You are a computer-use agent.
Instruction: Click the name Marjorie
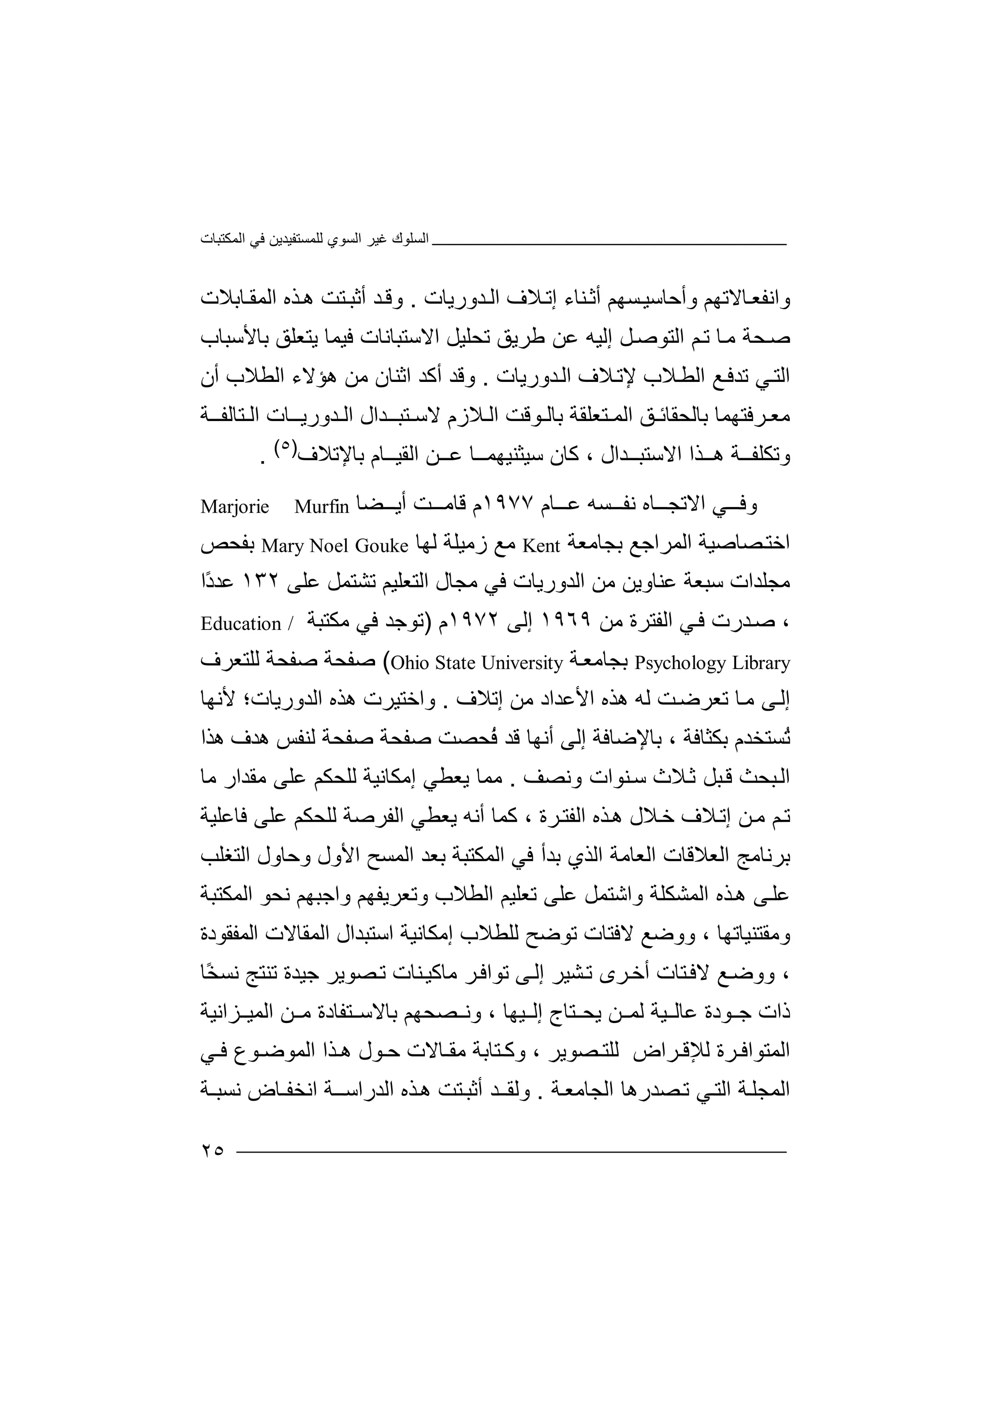click(x=235, y=507)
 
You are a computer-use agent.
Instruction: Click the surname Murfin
click(x=321, y=507)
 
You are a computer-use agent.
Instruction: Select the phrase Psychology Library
click(x=713, y=663)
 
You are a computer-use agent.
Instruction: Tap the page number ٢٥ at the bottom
click(x=212, y=1151)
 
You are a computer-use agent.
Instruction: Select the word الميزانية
click(x=229, y=1013)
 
